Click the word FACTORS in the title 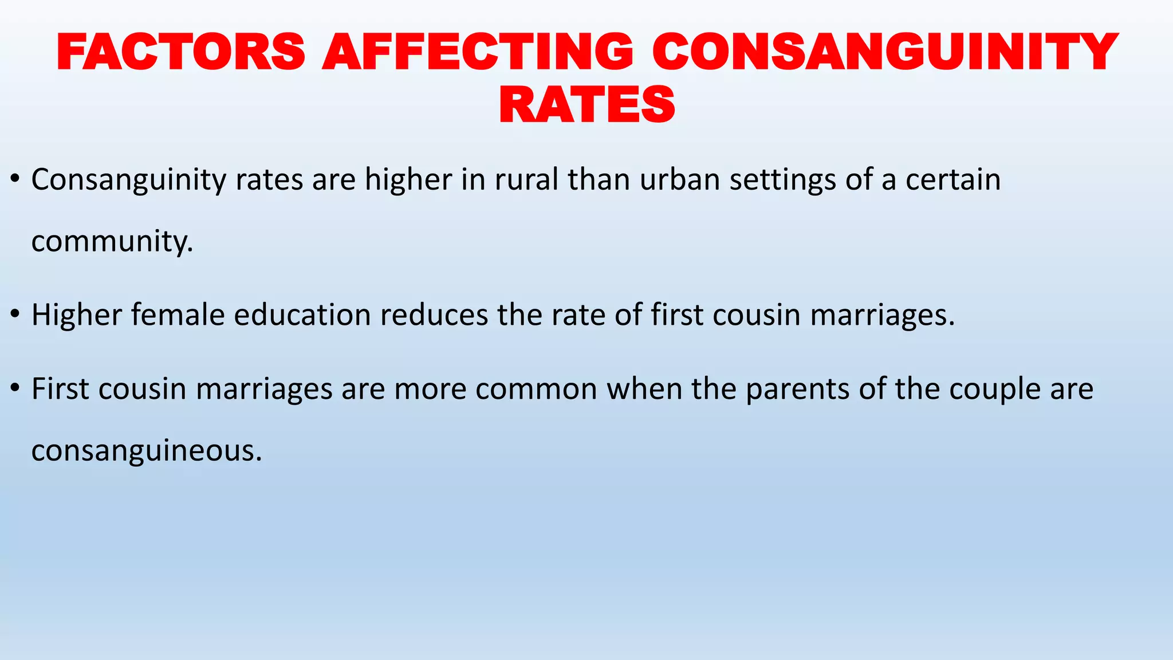pyautogui.click(x=181, y=52)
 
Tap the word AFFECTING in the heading pyautogui.click(x=478, y=52)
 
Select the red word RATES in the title pyautogui.click(x=587, y=104)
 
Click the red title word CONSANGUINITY pyautogui.click(x=884, y=52)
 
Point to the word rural pyautogui.click(x=526, y=180)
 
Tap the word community pyautogui.click(x=112, y=242)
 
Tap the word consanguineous pyautogui.click(x=147, y=451)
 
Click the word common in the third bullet pyautogui.click(x=536, y=389)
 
